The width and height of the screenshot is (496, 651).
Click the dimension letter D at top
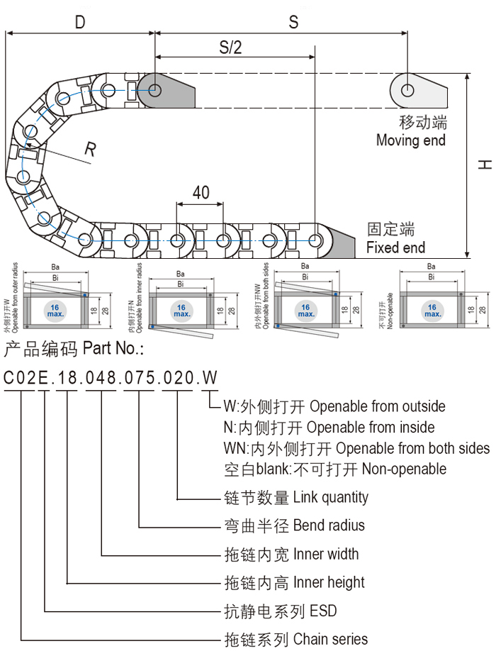point(80,22)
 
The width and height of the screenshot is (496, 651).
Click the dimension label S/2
point(230,48)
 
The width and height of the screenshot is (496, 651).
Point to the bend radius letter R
point(90,149)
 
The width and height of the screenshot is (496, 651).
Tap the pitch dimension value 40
point(201,192)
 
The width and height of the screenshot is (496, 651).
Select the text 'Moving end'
point(411,140)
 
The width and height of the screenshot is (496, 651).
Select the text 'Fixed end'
point(395,247)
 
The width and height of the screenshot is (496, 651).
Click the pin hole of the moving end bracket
point(408,90)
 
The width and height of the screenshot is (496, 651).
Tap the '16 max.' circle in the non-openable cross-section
point(431,310)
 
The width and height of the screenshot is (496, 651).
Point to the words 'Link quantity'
point(330,497)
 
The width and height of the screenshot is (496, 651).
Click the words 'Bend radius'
point(329,525)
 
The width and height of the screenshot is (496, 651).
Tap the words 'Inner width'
point(326,554)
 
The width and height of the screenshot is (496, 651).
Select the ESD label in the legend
point(323,611)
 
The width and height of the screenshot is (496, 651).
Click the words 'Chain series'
point(330,639)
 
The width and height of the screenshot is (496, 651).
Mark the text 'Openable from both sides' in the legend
point(412,448)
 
